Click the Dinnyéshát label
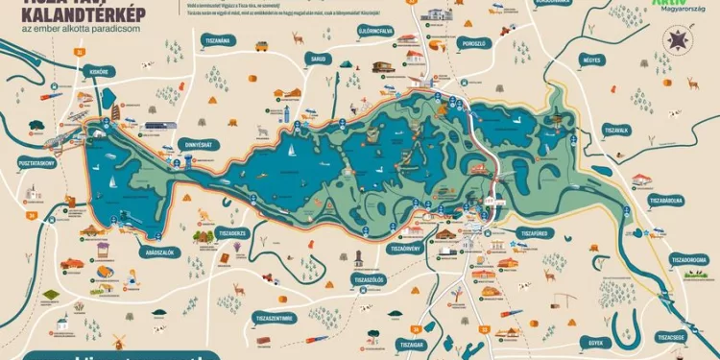[x=198, y=143]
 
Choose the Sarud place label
[x=319, y=57]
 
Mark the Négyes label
[x=591, y=60]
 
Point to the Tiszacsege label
[x=670, y=337]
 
